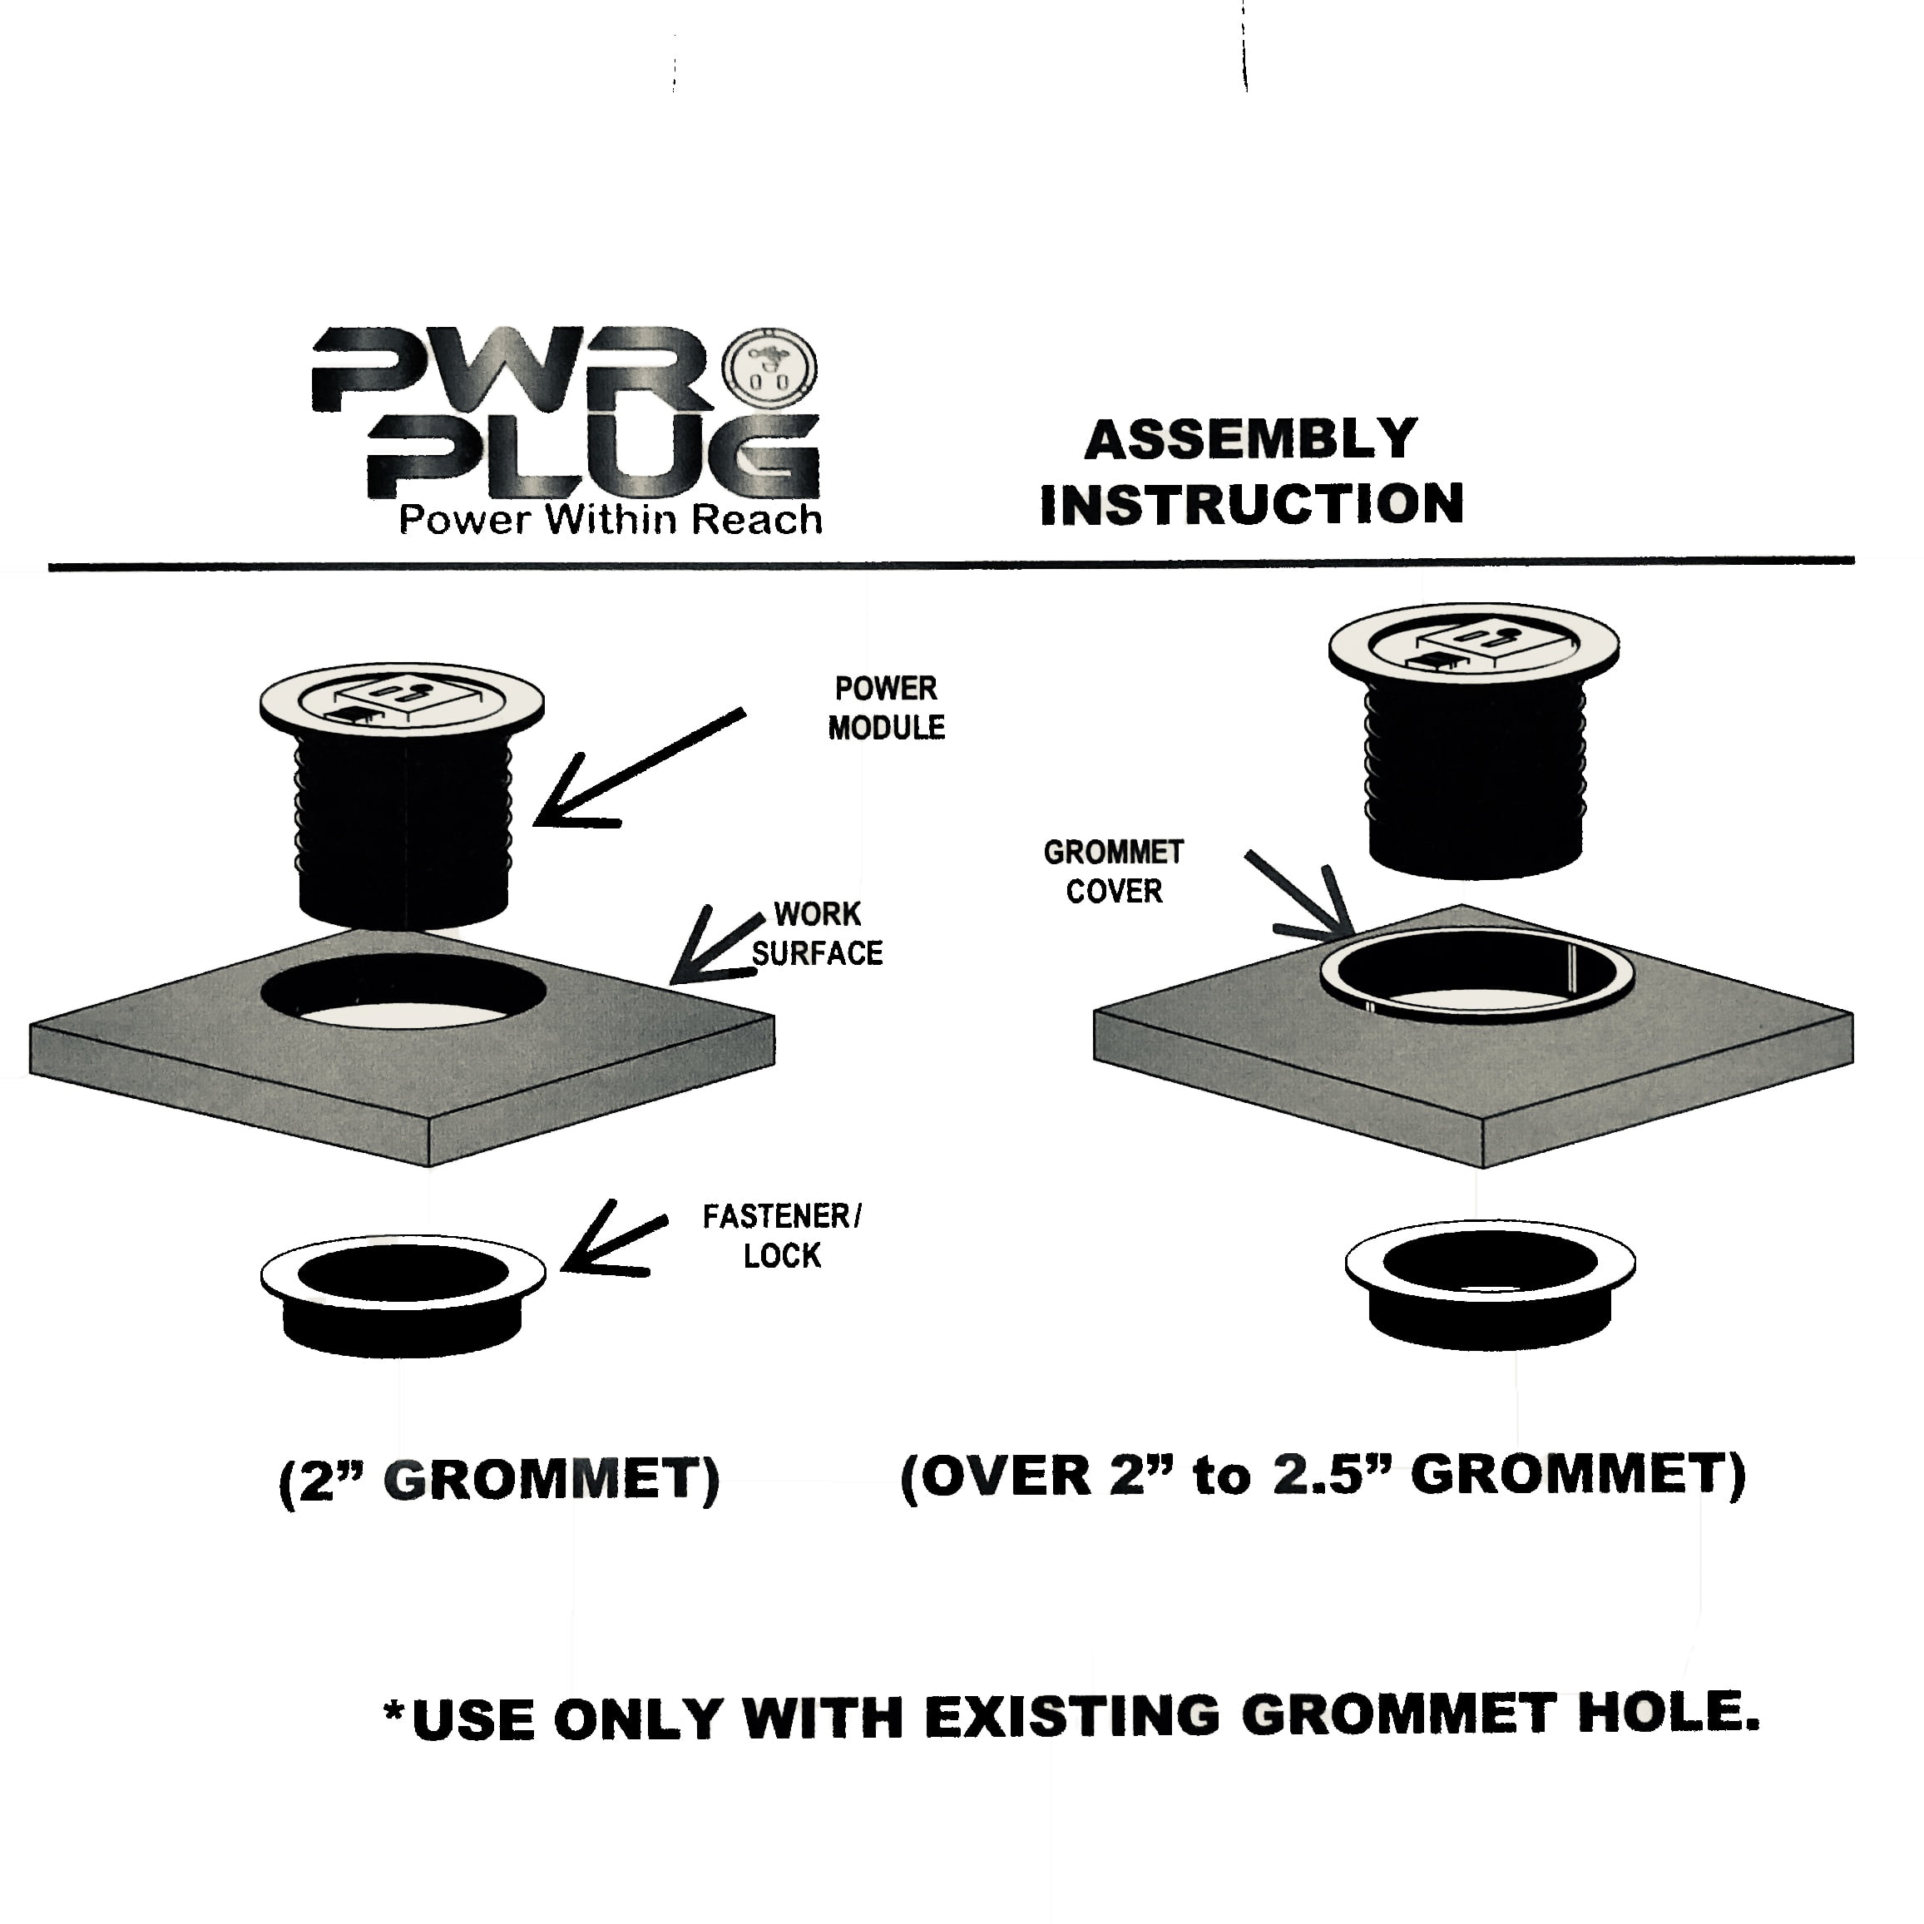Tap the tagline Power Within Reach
610,520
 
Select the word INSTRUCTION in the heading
1252,504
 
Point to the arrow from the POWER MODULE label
637,768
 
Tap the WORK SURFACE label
818,934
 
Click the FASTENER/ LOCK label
782,1236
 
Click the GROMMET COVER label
1113,872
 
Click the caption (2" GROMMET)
499,1481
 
